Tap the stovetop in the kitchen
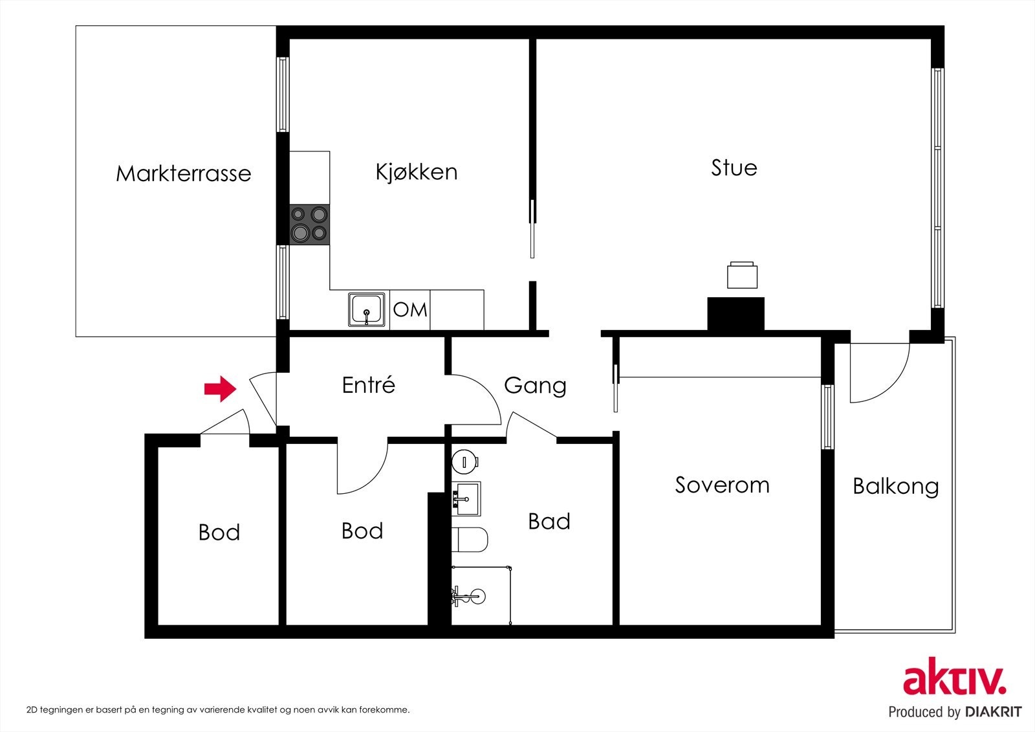pos(309,224)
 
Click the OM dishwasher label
pos(410,310)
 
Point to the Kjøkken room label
pos(417,172)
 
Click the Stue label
pos(734,168)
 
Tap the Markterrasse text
pos(183,174)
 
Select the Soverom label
pos(722,485)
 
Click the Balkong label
pos(895,487)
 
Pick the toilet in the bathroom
pos(470,540)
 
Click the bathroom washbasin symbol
pos(466,498)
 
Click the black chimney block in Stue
pos(735,313)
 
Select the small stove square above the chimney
pos(742,275)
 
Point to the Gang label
pos(535,386)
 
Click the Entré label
pos(368,385)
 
